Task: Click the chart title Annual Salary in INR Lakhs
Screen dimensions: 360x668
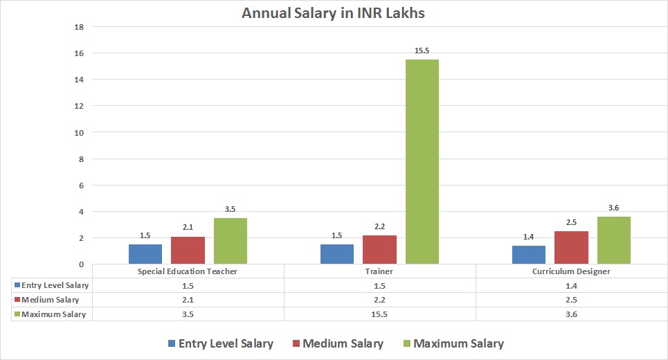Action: click(x=334, y=12)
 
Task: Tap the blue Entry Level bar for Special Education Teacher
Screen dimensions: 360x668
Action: click(x=145, y=254)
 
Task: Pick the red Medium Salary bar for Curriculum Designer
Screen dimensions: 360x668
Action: click(x=571, y=247)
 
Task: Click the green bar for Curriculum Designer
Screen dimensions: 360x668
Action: click(x=613, y=240)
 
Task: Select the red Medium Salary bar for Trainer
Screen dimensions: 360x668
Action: click(x=379, y=249)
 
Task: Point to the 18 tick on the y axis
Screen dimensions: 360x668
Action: click(x=79, y=27)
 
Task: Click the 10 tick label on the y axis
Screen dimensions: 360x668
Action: click(x=79, y=133)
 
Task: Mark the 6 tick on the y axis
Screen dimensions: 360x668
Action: click(x=81, y=186)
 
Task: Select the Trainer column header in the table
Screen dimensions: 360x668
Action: click(x=379, y=271)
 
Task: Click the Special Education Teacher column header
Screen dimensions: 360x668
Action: click(x=188, y=271)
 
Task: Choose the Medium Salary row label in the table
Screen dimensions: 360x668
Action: click(x=50, y=300)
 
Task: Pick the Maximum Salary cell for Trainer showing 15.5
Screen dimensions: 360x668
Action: click(x=379, y=314)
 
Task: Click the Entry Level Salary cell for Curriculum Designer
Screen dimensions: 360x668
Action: click(x=571, y=285)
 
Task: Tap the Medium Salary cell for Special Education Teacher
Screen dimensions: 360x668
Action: click(x=188, y=300)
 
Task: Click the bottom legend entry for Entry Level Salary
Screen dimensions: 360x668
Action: click(x=220, y=343)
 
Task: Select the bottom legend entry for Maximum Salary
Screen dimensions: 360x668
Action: click(x=451, y=343)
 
